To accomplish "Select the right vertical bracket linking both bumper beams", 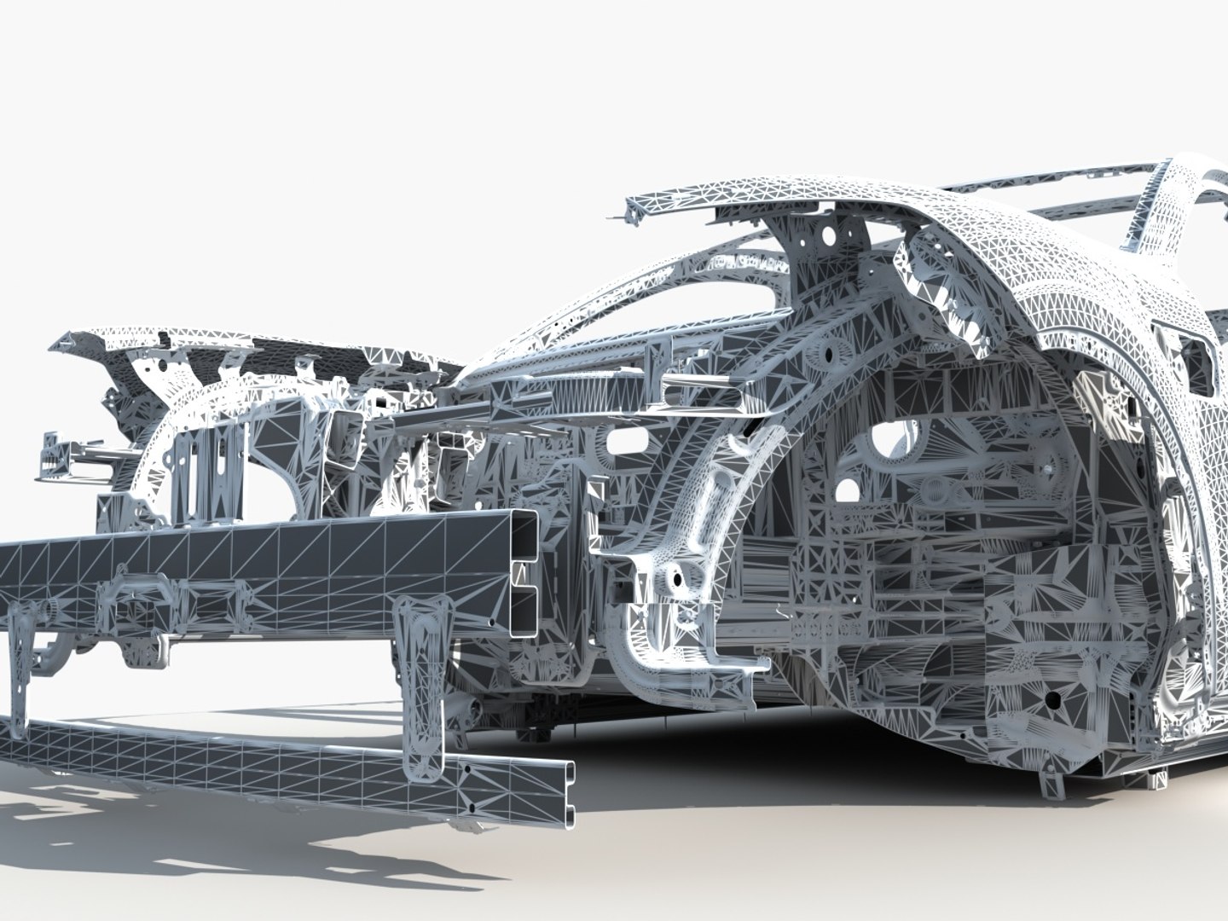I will [x=424, y=674].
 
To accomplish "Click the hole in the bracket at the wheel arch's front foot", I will [x=678, y=577].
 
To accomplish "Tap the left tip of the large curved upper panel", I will [x=633, y=208].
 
